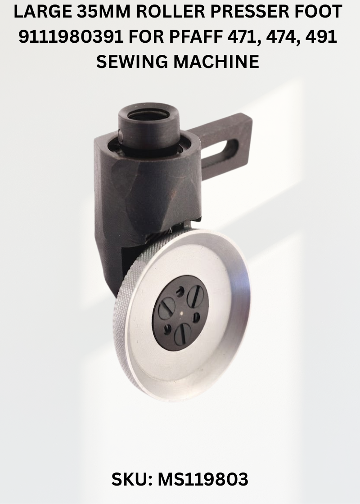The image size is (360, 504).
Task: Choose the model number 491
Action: coord(321,37)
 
